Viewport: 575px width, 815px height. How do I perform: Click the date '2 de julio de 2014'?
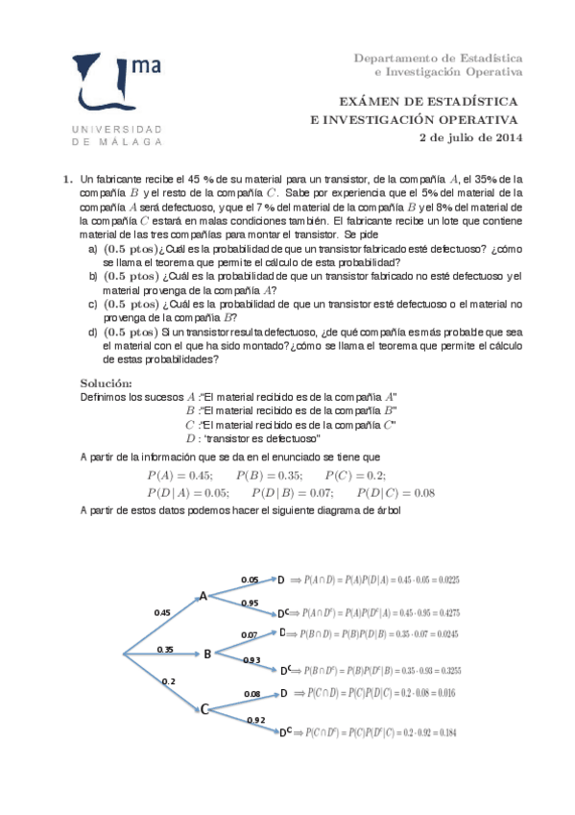pos(471,137)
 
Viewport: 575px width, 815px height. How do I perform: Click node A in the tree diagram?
pos(204,597)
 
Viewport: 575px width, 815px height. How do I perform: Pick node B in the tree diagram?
pos(207,654)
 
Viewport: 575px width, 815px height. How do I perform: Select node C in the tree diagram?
pos(204,709)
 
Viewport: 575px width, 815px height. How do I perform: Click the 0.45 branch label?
pos(162,612)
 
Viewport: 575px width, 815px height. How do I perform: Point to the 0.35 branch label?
pos(165,650)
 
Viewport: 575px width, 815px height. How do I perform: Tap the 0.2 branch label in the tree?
pos(169,680)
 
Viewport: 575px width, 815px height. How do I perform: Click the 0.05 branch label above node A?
pos(250,580)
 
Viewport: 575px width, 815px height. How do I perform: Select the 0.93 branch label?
pos(252,660)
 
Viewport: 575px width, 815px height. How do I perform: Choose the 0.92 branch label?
pos(256,720)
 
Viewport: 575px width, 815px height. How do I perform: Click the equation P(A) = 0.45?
pos(180,476)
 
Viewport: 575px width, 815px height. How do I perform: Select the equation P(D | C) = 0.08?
pos(396,493)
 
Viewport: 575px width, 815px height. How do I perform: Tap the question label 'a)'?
pos(92,249)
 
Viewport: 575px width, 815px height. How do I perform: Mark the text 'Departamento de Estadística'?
pos(438,58)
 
